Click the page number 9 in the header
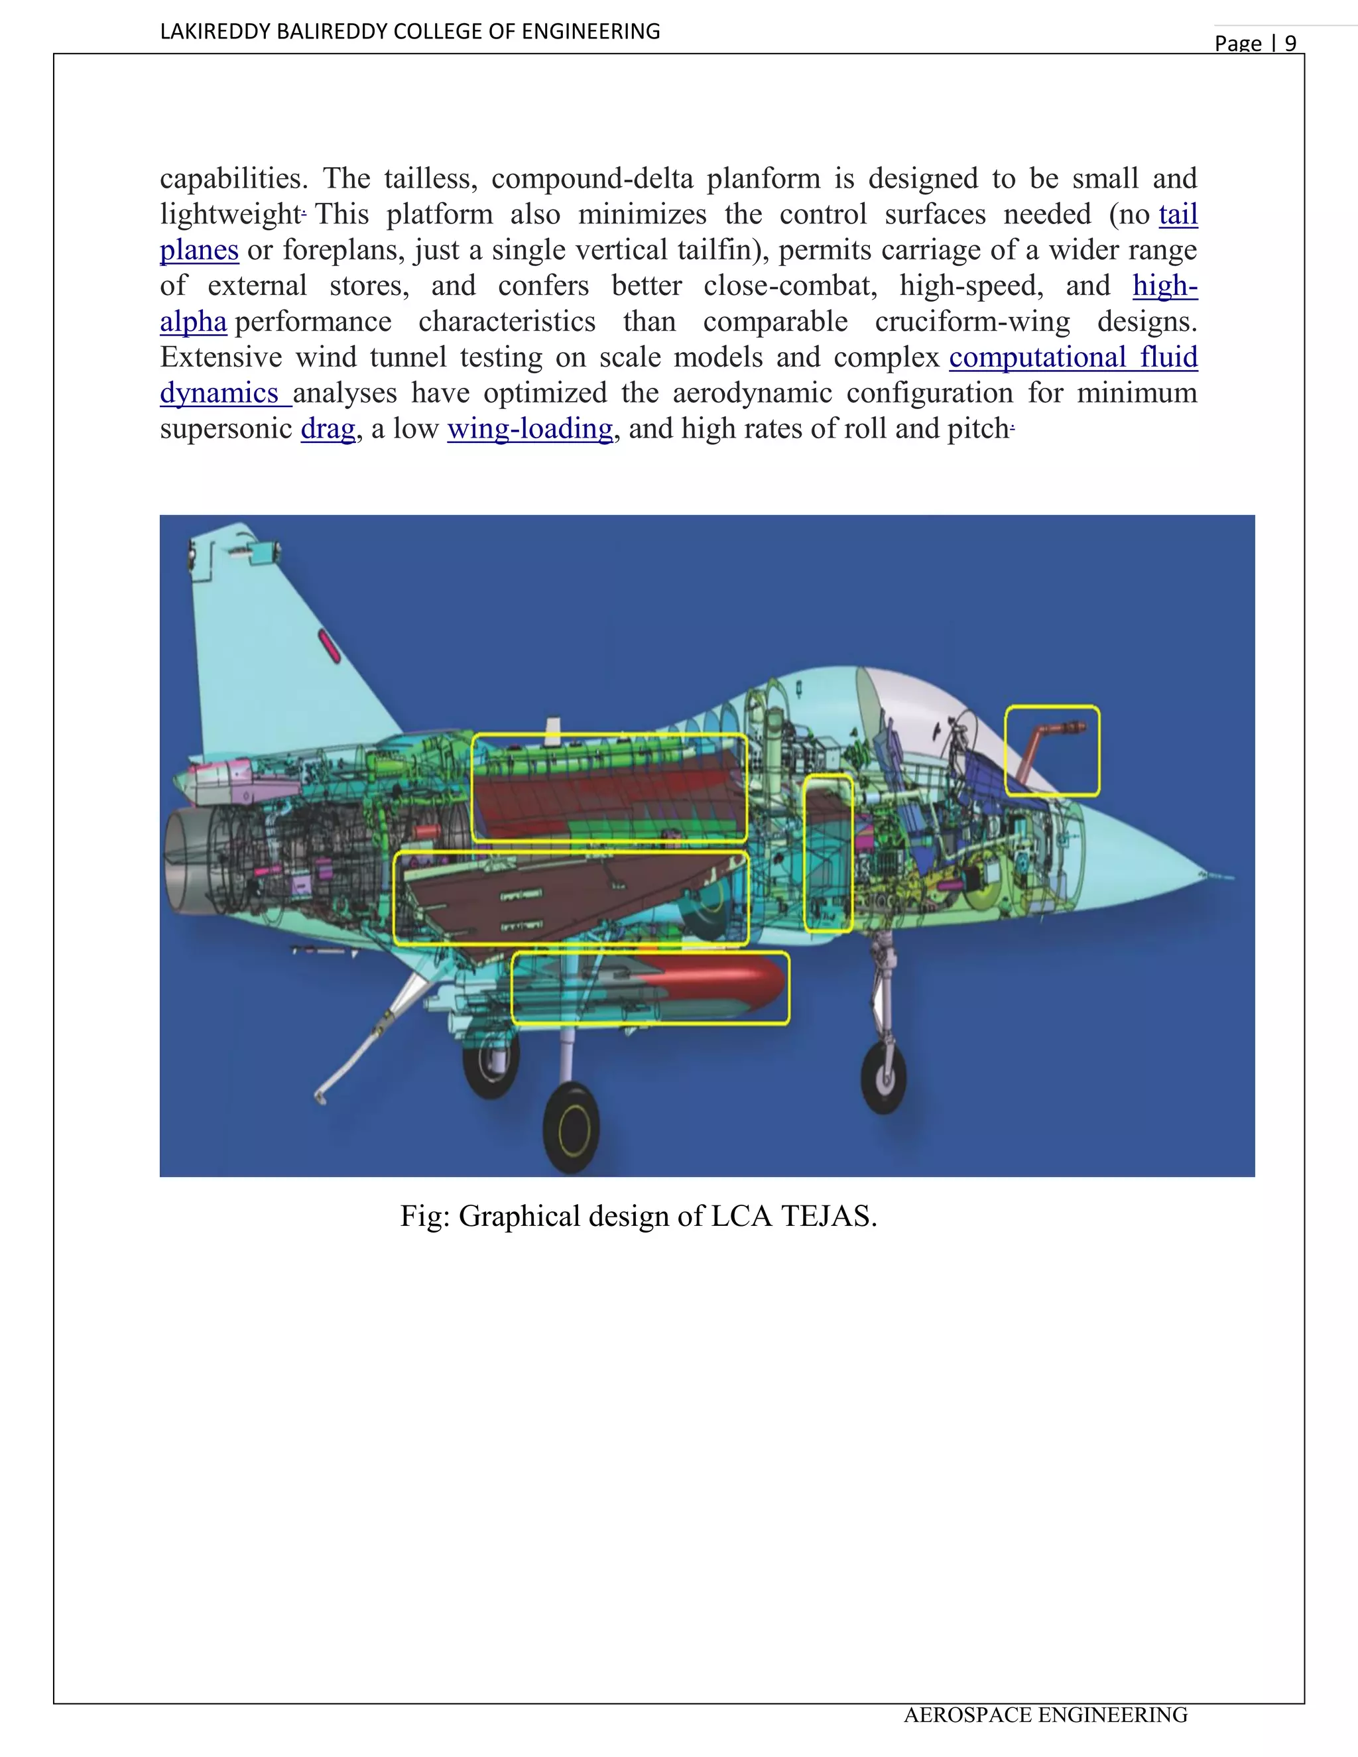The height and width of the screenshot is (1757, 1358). [1290, 44]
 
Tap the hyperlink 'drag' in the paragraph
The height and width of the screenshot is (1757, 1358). [328, 429]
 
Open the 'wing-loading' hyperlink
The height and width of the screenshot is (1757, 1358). [530, 429]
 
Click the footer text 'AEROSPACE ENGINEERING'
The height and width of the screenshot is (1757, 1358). [1045, 1715]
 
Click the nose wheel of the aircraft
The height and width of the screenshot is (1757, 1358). [883, 1077]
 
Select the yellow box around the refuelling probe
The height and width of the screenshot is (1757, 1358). [1052, 751]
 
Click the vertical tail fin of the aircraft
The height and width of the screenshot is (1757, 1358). [265, 644]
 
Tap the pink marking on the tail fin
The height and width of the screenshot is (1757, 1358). [330, 647]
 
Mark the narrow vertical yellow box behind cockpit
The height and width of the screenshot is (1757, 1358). [828, 853]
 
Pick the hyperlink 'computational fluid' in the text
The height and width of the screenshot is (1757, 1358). [1074, 357]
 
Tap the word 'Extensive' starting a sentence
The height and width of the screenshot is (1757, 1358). [220, 357]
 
